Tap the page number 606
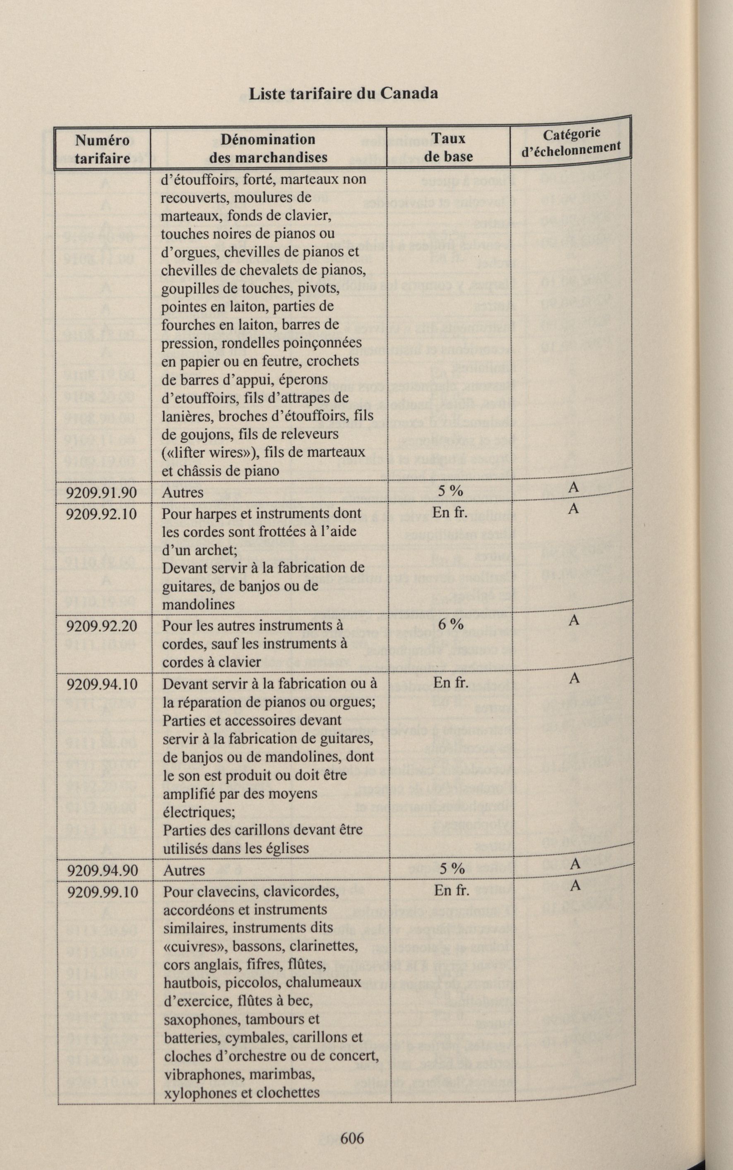(x=352, y=1138)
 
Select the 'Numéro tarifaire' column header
(x=102, y=149)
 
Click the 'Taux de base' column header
(x=448, y=147)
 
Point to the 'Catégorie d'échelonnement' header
(x=571, y=142)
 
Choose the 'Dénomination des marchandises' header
(x=268, y=148)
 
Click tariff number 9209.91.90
(x=101, y=493)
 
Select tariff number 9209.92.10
(x=101, y=513)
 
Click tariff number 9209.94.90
(x=102, y=870)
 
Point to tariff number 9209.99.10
(x=102, y=892)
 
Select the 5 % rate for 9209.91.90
(x=450, y=491)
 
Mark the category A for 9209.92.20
(x=574, y=620)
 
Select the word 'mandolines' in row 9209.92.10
(x=198, y=604)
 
